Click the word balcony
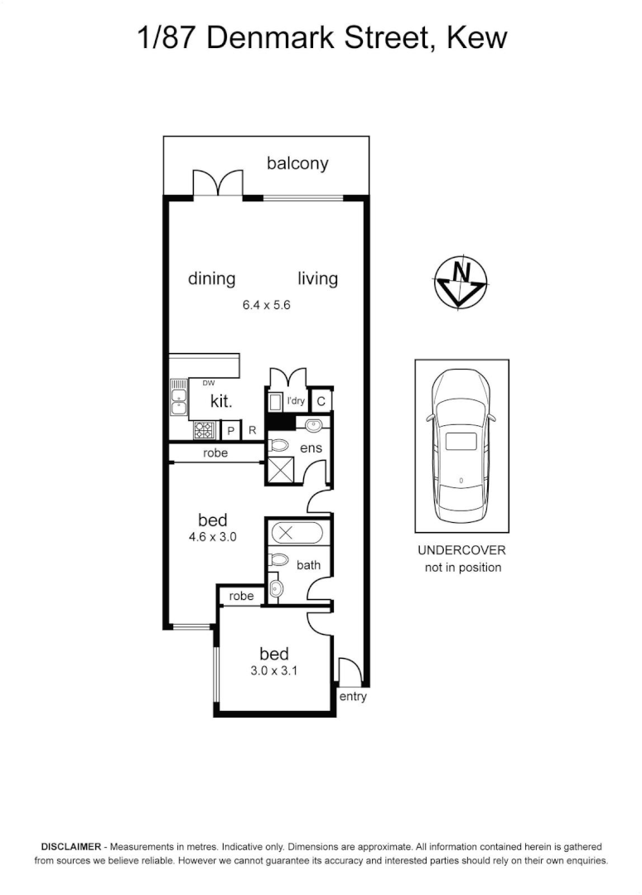297,163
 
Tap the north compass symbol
461,283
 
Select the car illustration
461,445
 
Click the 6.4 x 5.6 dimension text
265,304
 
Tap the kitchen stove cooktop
204,430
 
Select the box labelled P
231,431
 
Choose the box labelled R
252,431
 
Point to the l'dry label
296,402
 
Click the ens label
311,448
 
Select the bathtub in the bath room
296,533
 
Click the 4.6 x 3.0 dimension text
212,537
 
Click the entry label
353,697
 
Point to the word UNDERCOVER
461,550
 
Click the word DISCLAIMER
70,847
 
